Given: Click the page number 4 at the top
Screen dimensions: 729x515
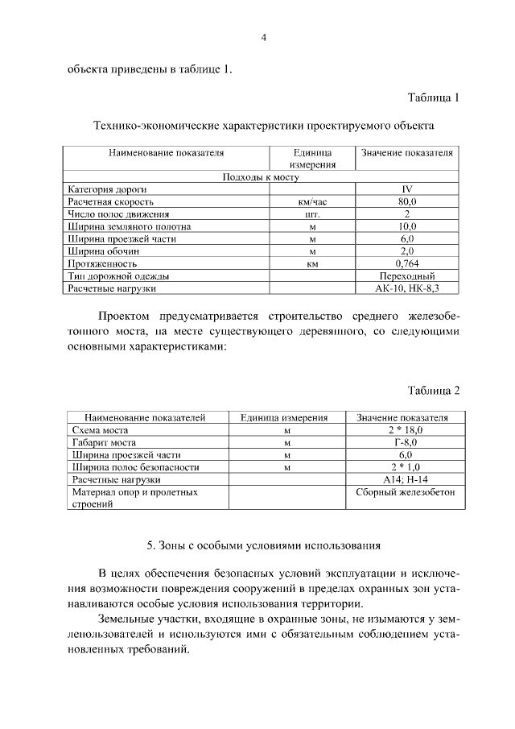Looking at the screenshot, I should tap(264, 37).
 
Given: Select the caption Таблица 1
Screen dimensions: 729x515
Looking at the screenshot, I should tap(433, 99).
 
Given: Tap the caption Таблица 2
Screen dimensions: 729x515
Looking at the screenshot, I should tap(433, 391).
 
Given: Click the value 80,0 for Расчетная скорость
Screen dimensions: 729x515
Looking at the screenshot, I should tap(407, 201).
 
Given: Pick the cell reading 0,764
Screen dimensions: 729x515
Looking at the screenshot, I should tap(407, 263).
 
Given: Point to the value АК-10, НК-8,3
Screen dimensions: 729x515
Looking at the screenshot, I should tap(407, 288).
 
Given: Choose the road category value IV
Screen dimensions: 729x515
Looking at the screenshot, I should tap(407, 189).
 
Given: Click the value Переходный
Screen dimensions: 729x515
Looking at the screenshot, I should tap(407, 275).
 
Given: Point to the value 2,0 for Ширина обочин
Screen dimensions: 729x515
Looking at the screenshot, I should tap(407, 251).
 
